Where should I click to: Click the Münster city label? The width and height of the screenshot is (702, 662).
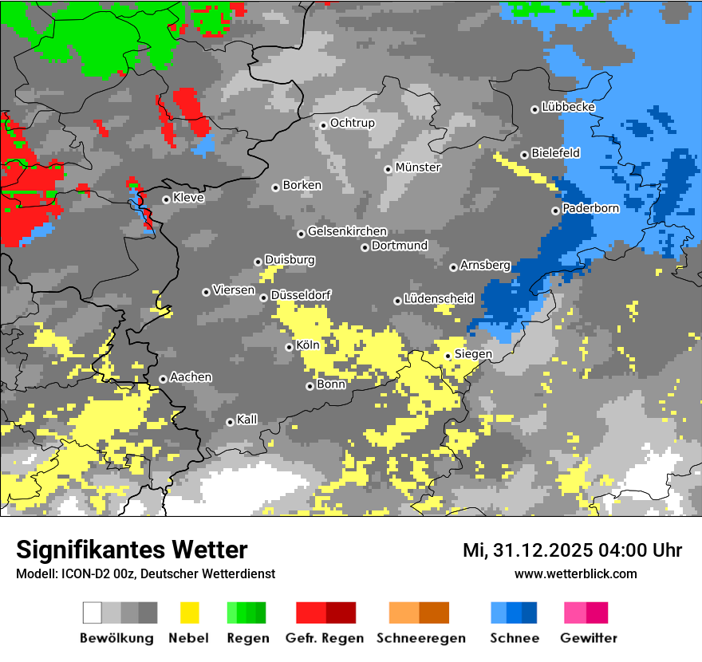click(x=418, y=167)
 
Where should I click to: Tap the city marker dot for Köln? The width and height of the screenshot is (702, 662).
click(x=290, y=347)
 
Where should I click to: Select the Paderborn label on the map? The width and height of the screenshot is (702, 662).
click(x=591, y=208)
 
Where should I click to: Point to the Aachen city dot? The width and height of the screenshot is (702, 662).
click(x=163, y=379)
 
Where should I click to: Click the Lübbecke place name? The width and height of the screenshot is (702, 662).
click(x=569, y=107)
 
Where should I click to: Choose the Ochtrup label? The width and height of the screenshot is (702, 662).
click(x=353, y=123)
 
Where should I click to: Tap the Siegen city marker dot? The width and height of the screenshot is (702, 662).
click(x=448, y=356)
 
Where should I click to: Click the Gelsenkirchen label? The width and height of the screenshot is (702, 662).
click(x=347, y=231)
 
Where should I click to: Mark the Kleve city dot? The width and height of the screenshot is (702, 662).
click(x=166, y=199)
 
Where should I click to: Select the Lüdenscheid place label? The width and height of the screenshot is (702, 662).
click(x=439, y=299)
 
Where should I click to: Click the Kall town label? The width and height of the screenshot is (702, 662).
click(x=247, y=420)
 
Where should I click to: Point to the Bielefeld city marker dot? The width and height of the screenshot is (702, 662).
click(x=524, y=155)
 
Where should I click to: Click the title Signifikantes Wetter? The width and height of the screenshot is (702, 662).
click(x=132, y=550)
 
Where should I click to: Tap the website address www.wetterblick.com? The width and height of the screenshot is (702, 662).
click(x=576, y=573)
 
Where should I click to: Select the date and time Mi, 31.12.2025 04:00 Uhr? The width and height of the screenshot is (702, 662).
click(x=572, y=550)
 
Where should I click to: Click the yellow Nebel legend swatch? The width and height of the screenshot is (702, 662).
click(x=190, y=613)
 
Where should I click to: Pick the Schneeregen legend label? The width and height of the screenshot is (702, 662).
click(x=421, y=638)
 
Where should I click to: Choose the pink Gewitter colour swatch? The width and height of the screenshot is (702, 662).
click(x=575, y=613)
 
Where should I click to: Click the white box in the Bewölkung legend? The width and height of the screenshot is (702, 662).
click(x=93, y=613)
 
